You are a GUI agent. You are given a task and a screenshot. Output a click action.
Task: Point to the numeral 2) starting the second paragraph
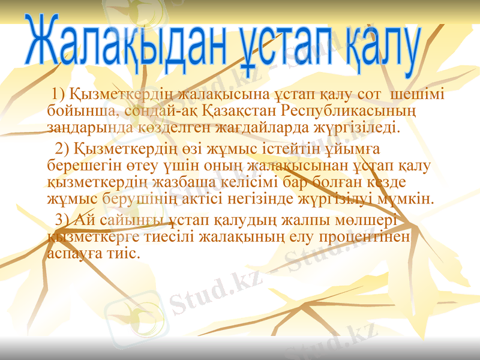[x=62, y=148]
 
